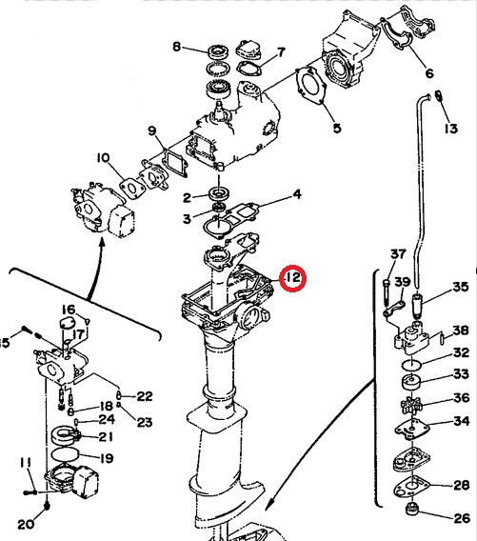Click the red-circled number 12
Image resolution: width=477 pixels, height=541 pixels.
pos(292,278)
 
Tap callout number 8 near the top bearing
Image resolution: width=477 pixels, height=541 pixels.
pos(176,46)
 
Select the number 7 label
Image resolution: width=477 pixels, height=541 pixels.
pos(280,51)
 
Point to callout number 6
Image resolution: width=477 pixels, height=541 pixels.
pos(427,73)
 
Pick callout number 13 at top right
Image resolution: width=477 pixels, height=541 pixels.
pos(450,128)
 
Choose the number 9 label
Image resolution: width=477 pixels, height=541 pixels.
pos(151,130)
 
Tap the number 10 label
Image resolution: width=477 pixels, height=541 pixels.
pos(103,157)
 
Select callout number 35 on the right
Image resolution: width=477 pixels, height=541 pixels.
pos(460,287)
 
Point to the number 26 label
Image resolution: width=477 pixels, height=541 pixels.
pos(461,519)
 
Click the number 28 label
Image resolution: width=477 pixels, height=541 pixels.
pos(461,486)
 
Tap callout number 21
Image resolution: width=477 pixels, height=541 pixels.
pos(105,437)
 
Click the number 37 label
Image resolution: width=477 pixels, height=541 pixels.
pos(398,254)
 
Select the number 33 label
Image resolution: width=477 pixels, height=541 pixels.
pos(461,374)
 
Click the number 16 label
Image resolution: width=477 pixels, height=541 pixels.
pos(69,310)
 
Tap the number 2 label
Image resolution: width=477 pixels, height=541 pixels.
pos(188,197)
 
